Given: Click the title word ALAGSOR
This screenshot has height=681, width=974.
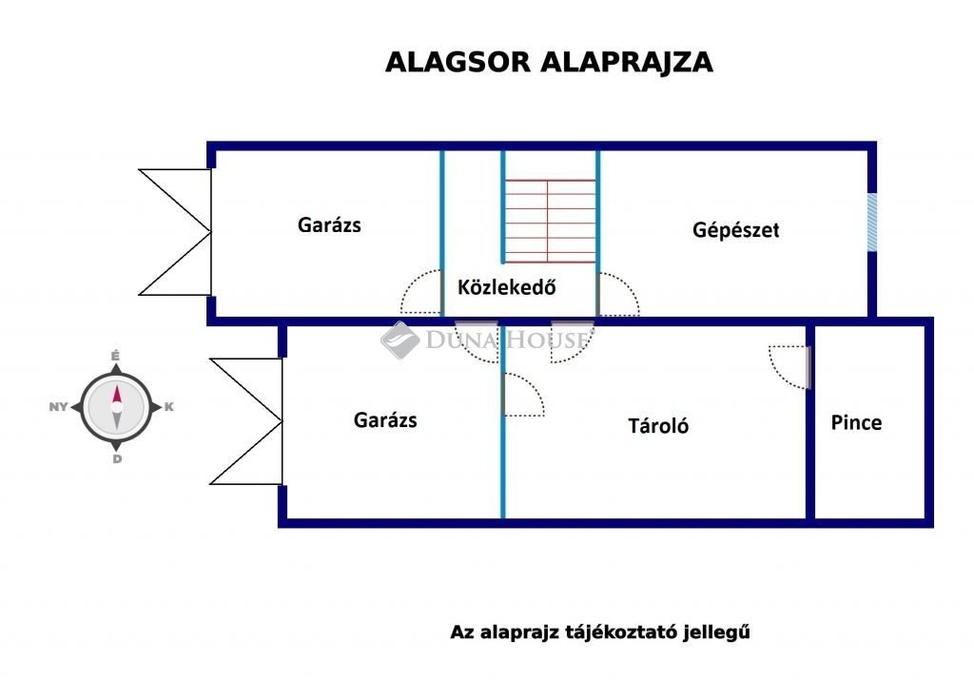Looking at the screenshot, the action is pos(458,63).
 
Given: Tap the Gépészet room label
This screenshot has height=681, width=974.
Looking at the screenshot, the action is pos(735,230).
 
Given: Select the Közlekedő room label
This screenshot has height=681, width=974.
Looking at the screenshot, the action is pos(506,287).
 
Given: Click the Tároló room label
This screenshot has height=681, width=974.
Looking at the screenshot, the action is pos(658,426).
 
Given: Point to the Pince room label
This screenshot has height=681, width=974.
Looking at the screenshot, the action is pos(856,422).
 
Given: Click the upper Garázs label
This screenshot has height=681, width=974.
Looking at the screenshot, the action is pos(329,224).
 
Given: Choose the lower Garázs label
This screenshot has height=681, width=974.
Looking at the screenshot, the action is pos(385,420).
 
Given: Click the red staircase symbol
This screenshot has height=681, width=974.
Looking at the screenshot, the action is pos(550,222).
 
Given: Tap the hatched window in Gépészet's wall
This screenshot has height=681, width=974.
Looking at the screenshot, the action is pos(872,223).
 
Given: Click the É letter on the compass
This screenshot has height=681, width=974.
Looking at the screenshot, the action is pos(115,356).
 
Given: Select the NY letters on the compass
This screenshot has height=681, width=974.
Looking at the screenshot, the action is pos(58,407).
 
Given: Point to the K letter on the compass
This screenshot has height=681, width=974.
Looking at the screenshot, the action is pos(169,407).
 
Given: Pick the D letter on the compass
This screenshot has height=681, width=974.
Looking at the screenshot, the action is pos(117,459).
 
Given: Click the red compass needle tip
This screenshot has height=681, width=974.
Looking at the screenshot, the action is pos(117,386).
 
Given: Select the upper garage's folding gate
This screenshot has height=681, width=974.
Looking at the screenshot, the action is pos(175,232).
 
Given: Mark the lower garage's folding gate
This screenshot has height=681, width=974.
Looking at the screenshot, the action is pos(246,421).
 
